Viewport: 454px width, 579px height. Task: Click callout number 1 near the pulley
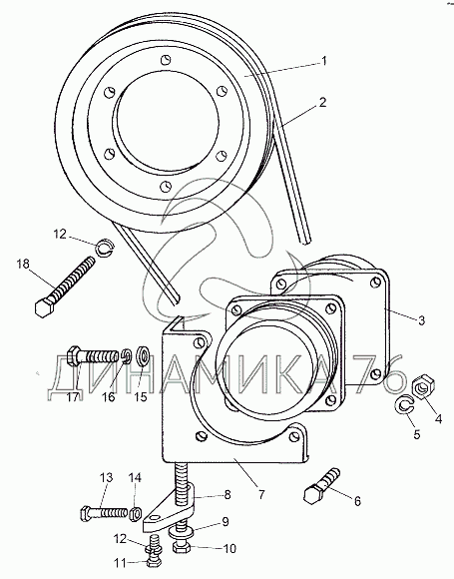point(323,61)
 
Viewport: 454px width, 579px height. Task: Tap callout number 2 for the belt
point(322,102)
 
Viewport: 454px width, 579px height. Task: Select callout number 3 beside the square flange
point(421,319)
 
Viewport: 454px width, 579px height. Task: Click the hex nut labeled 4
point(423,387)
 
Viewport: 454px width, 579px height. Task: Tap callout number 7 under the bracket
point(261,494)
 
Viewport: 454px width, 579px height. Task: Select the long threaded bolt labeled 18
point(65,287)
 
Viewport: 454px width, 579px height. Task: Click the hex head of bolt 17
point(73,356)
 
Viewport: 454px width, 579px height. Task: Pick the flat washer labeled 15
point(143,356)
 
